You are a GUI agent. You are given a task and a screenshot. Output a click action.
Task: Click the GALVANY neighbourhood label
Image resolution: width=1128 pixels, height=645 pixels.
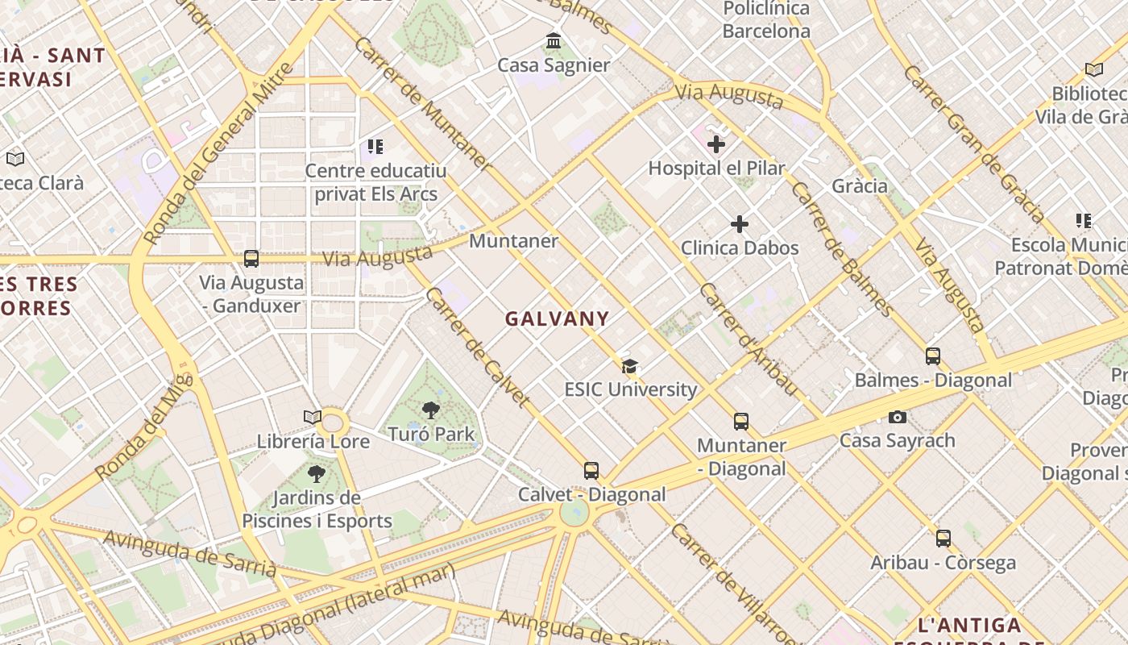[x=557, y=318]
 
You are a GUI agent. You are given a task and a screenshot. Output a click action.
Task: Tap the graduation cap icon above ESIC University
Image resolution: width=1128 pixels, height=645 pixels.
[x=630, y=367]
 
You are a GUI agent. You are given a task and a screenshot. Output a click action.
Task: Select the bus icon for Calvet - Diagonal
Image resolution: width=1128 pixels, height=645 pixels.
[x=591, y=471]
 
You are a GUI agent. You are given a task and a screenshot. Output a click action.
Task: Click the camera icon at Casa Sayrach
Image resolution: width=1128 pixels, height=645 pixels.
[x=897, y=417]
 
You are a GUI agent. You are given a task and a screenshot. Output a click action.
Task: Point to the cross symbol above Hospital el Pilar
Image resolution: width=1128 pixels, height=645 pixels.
[x=716, y=144]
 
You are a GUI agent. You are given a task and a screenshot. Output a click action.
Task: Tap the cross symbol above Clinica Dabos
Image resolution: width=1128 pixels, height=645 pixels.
[x=740, y=224]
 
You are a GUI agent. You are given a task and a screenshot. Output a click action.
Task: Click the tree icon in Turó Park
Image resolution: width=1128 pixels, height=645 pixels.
[x=431, y=410]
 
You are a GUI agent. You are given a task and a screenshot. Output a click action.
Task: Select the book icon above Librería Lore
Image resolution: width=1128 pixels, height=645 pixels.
[x=313, y=417]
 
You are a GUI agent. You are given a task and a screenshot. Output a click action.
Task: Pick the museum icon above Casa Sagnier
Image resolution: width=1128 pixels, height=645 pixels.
[x=554, y=40]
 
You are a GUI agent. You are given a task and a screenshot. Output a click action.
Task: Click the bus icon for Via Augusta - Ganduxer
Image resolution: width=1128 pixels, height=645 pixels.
[x=251, y=259]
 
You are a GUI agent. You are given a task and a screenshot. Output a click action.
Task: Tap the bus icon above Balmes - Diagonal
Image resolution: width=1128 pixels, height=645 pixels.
[x=933, y=356]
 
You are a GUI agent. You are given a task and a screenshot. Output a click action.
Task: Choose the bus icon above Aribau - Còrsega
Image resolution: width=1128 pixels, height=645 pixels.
[x=943, y=539]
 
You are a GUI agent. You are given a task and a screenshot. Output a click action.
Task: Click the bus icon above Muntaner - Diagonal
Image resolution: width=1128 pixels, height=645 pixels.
[x=741, y=422]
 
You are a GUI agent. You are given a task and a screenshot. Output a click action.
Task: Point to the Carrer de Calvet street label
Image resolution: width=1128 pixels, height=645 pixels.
[x=478, y=347]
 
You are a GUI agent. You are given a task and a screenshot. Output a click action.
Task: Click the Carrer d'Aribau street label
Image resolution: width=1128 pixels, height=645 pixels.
[x=749, y=339]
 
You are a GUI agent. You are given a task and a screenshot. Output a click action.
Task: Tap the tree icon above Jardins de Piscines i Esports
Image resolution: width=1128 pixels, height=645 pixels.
[x=317, y=473]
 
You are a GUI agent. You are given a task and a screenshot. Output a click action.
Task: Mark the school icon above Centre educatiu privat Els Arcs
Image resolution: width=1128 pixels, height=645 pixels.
[x=375, y=147]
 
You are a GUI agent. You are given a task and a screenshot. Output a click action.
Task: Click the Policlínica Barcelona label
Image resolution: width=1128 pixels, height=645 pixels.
[x=766, y=20]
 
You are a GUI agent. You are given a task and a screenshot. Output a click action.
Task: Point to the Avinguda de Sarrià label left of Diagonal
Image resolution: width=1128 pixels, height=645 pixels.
[x=189, y=554]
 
